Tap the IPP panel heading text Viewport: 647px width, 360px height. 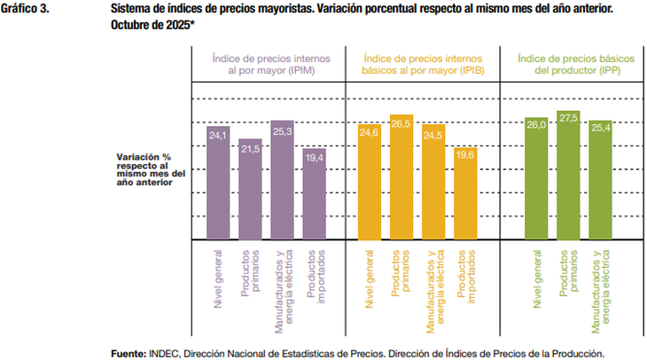569,62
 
